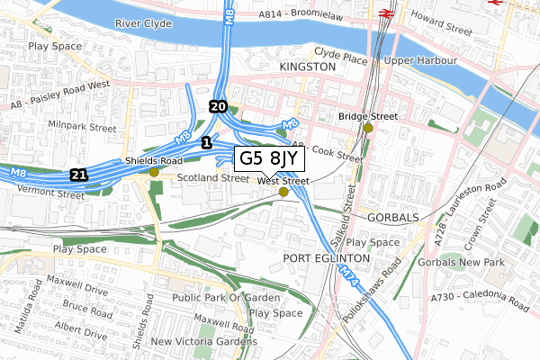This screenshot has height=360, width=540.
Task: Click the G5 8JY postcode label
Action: (x=269, y=159)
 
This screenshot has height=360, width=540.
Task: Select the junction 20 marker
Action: (x=217, y=106)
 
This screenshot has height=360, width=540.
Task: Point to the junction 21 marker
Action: (x=80, y=174)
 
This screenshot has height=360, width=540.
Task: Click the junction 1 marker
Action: (x=207, y=142)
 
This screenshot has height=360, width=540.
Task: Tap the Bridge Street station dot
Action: (x=367, y=128)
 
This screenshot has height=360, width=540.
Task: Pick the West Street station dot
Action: (x=283, y=192)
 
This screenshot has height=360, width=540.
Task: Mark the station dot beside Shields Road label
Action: (x=154, y=172)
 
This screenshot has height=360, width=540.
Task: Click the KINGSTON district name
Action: (x=307, y=67)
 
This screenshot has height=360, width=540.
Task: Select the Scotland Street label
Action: (x=211, y=178)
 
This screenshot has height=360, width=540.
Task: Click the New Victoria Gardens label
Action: (x=203, y=342)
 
